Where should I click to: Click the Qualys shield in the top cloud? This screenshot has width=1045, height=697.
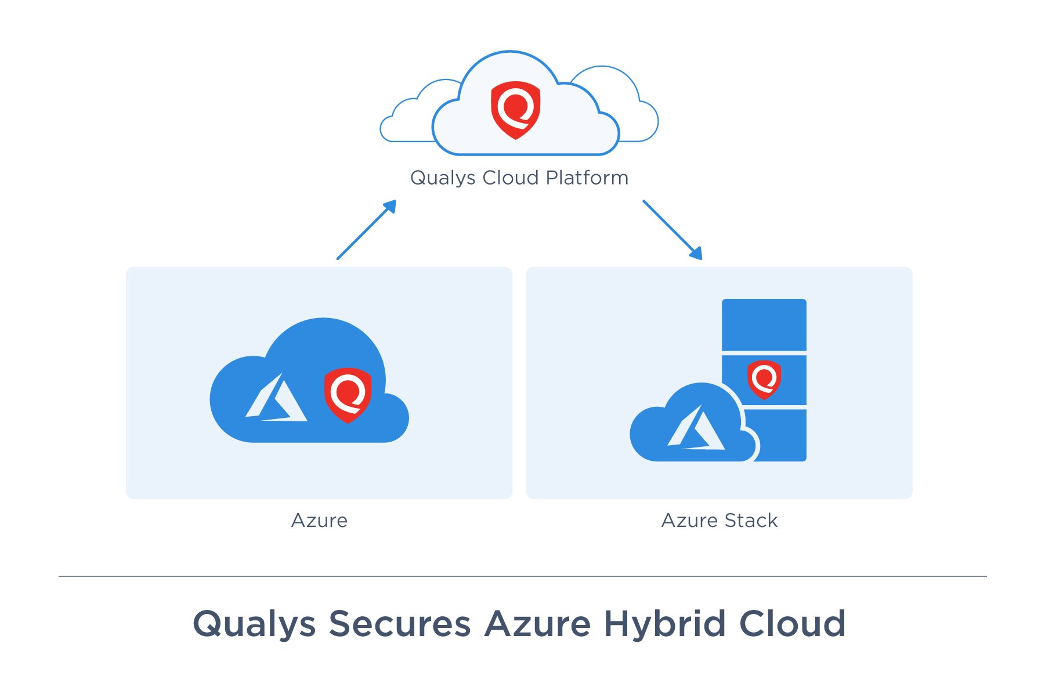coord(515,110)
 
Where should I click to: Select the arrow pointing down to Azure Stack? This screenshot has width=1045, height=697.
coord(672,230)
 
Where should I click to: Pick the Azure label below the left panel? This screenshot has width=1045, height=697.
coord(319,521)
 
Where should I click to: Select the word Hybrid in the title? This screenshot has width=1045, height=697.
coord(665,624)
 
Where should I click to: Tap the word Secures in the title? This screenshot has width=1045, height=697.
coord(400,624)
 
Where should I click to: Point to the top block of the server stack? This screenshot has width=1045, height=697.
coord(764,324)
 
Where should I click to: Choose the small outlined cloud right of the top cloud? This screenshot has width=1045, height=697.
coord(624,104)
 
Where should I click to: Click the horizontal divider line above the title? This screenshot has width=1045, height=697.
coord(522,576)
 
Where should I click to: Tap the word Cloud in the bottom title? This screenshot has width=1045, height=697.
coord(792,624)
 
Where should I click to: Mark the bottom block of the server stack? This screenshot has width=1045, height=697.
coord(780,435)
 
